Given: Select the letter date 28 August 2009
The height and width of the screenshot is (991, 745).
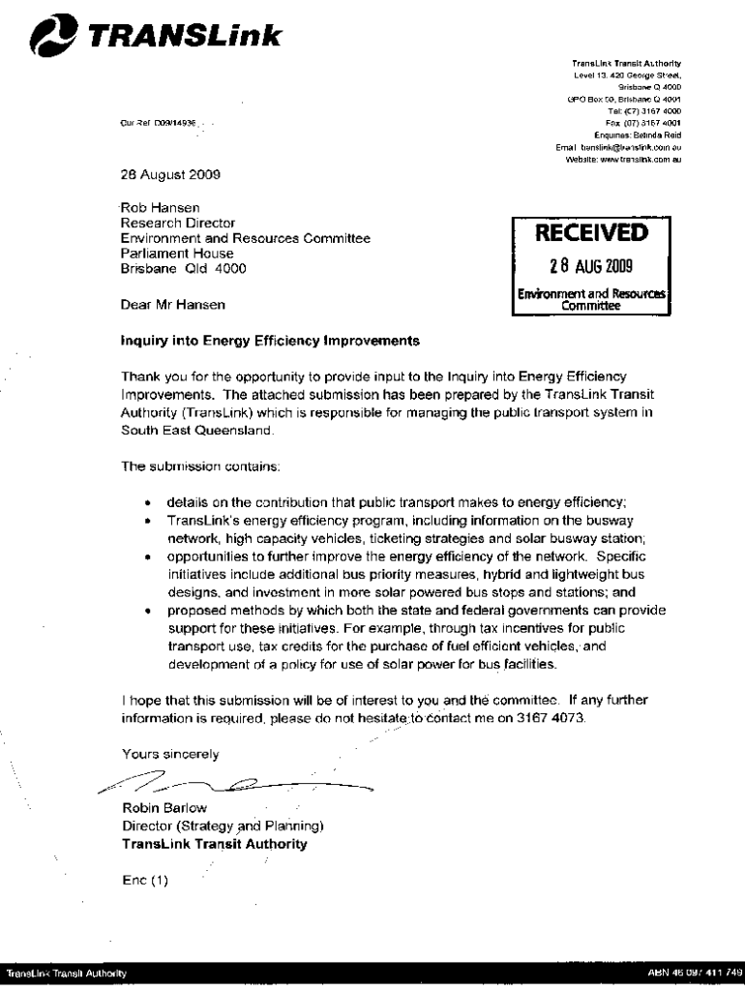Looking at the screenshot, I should coord(170,175).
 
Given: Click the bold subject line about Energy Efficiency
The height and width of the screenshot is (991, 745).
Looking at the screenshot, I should coord(270,341).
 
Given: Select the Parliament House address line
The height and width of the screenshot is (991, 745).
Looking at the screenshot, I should coord(177,254).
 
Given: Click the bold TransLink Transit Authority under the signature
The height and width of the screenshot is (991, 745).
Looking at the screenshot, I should coord(214,843).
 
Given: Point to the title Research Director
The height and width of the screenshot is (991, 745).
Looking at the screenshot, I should coord(177,223).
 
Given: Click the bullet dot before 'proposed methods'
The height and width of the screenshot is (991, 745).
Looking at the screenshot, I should coord(147,612).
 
